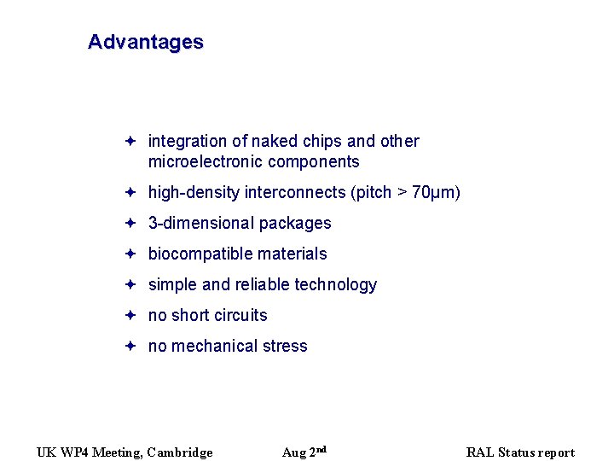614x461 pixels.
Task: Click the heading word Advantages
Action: coord(145,42)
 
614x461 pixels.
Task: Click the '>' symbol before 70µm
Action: coord(402,193)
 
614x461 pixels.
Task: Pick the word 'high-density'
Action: coord(194,193)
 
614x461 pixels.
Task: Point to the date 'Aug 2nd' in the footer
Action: coord(304,452)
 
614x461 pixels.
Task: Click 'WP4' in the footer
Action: coord(74,452)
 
